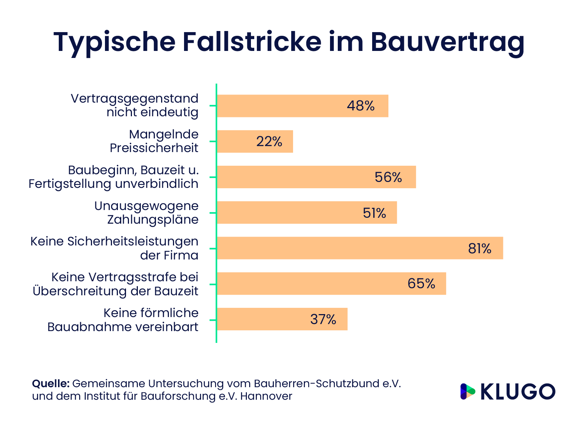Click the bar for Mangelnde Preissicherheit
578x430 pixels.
coord(255,141)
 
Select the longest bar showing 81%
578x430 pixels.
coord(360,248)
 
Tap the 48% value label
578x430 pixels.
coord(361,106)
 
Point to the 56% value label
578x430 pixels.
coord(388,177)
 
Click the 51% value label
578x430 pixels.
coord(374,213)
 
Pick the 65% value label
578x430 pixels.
coord(421,283)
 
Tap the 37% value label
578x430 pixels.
coord(323,319)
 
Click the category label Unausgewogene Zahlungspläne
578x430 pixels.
coord(146,213)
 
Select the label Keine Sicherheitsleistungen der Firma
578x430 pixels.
coord(114,248)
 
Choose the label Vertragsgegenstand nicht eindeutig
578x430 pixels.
coord(135,105)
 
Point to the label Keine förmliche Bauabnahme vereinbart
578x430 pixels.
coord(123,320)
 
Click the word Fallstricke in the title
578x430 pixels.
coord(252,42)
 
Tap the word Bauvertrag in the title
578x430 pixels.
coord(447,42)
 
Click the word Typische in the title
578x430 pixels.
coord(114,42)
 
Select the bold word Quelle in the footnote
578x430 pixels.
coord(51,383)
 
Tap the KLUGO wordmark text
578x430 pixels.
coord(517,392)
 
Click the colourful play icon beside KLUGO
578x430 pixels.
coord(467,392)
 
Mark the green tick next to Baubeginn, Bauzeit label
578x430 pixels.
coord(212,177)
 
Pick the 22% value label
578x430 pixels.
coord(269,141)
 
